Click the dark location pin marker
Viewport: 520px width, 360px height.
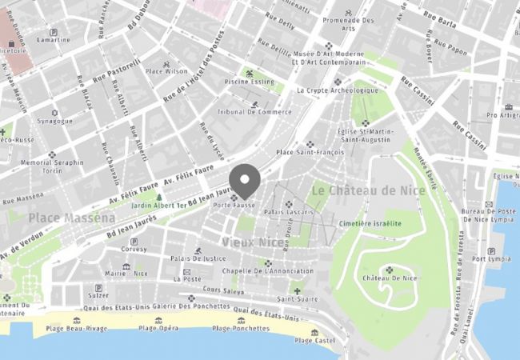pos(244,178)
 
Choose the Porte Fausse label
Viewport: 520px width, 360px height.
pos(233,206)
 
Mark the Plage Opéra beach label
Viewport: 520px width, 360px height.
pos(158,328)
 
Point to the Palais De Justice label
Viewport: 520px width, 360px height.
pos(198,258)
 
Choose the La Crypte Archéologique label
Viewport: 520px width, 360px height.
pos(337,90)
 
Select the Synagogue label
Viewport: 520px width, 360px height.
pos(54,122)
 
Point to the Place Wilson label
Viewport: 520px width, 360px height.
pos(165,70)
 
